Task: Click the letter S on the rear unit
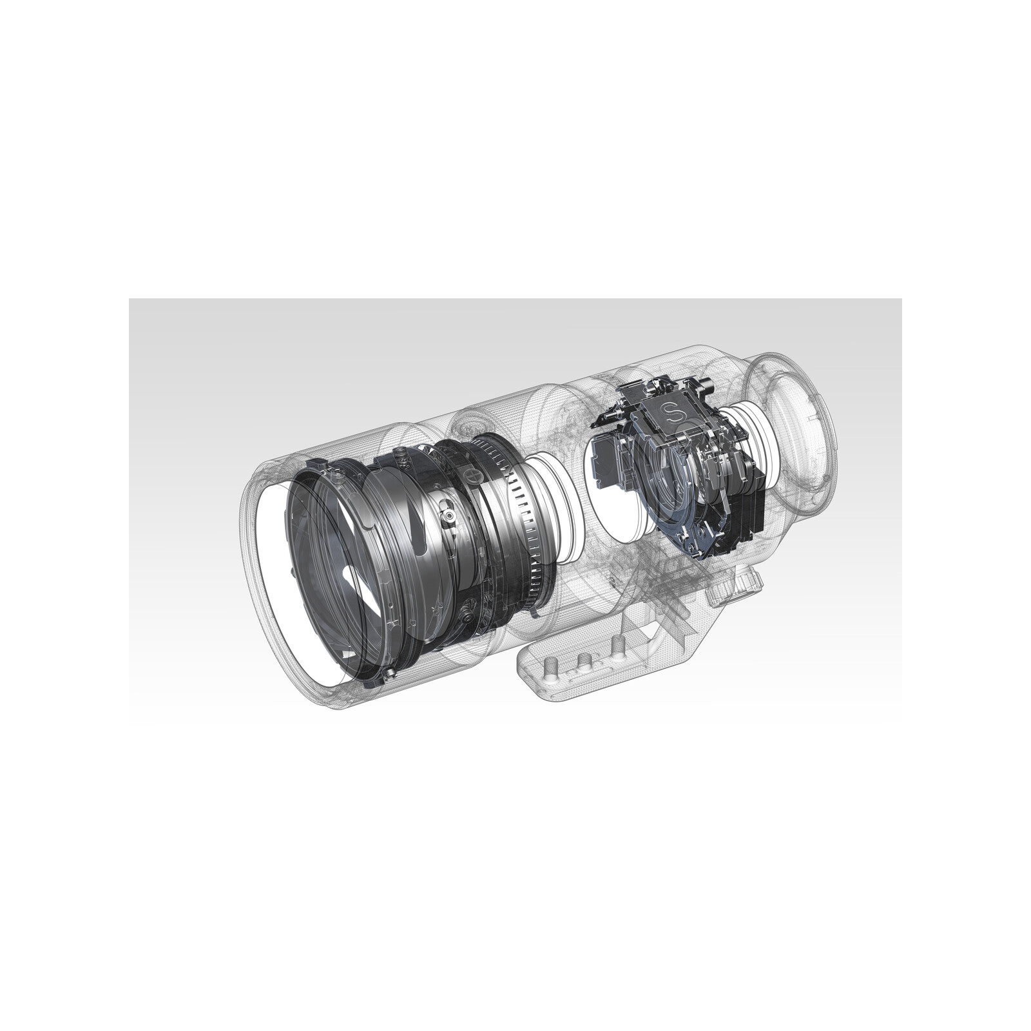coord(674,410)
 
